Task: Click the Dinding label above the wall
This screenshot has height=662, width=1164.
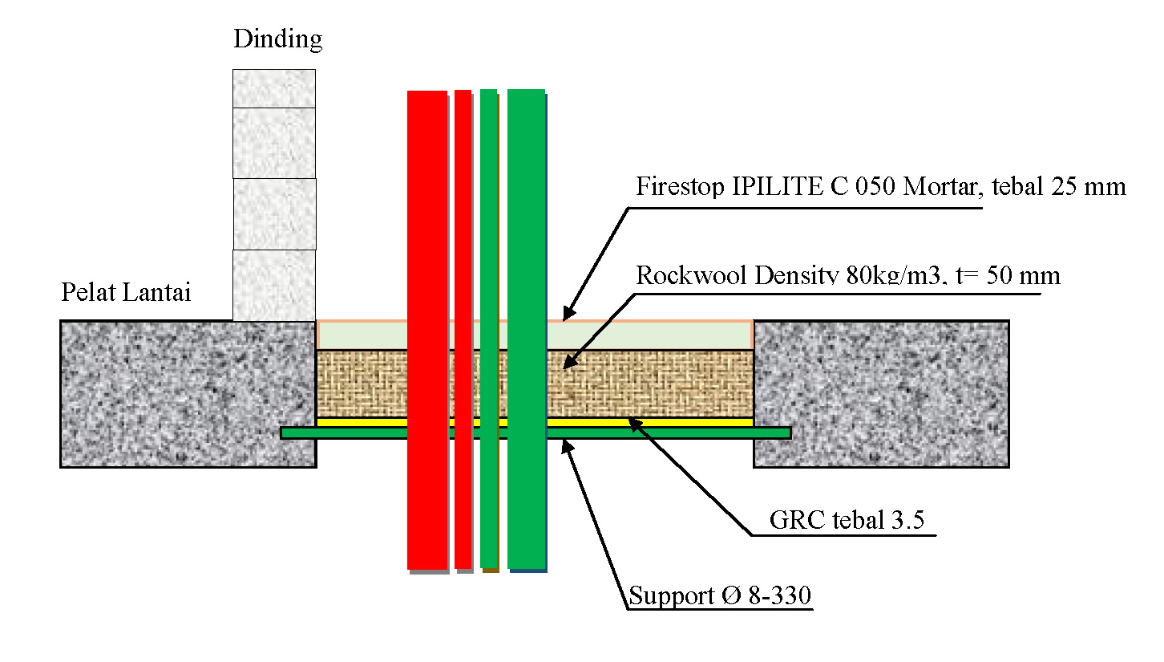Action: tap(277, 39)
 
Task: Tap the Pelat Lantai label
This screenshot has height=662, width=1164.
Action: tap(126, 292)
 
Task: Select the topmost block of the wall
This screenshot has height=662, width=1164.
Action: tap(273, 88)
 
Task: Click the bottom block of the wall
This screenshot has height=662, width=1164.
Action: tap(273, 285)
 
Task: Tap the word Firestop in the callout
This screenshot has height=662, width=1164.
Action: tap(679, 187)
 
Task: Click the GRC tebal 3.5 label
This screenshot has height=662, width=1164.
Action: tap(847, 520)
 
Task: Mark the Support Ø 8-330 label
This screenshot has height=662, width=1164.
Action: tap(720, 596)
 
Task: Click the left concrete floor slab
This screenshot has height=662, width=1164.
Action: tap(188, 393)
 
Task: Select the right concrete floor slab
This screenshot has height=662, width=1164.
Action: tap(880, 393)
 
